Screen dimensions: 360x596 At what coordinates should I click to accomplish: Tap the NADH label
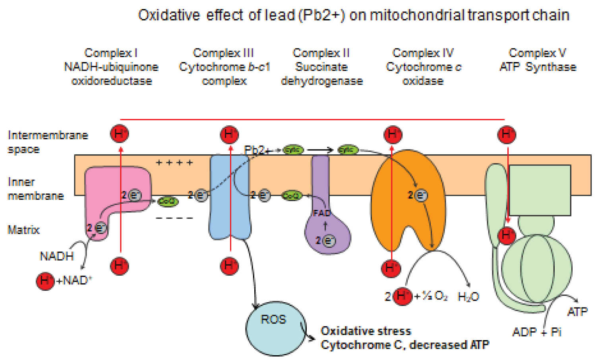point(57,256)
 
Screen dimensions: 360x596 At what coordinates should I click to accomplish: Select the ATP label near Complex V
point(577,312)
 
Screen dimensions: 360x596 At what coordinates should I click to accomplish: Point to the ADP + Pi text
point(536,332)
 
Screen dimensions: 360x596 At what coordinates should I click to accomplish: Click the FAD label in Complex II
point(321,213)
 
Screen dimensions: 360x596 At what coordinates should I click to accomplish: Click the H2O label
point(468,297)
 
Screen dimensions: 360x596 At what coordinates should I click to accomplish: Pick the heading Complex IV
point(423,53)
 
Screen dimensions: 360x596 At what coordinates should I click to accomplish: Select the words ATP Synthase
point(538,67)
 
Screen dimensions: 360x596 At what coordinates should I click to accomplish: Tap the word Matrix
point(23,230)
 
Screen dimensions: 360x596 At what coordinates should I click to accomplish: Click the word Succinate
point(321,67)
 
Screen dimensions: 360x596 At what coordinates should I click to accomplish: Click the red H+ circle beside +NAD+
point(45,281)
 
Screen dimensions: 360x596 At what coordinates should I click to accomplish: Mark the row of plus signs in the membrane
point(174,162)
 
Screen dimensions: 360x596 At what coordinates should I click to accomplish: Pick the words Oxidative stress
point(366,331)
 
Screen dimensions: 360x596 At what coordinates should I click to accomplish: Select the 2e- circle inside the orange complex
point(420,195)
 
